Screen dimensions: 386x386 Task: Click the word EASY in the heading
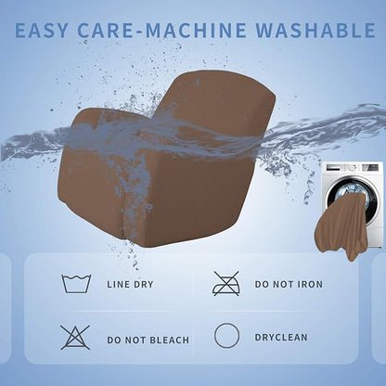click(x=41, y=30)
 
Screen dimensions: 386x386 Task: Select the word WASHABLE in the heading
click(x=315, y=30)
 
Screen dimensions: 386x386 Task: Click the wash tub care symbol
click(x=76, y=283)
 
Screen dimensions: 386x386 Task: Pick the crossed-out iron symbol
click(x=226, y=283)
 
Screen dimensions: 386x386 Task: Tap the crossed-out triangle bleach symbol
click(x=75, y=337)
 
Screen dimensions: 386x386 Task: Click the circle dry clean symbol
click(x=226, y=336)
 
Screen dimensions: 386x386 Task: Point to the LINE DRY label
click(x=130, y=284)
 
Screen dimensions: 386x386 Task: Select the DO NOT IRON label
click(x=289, y=284)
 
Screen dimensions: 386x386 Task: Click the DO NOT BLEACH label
click(x=148, y=340)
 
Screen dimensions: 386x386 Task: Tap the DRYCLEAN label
click(x=281, y=337)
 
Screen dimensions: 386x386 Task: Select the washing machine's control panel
click(x=353, y=168)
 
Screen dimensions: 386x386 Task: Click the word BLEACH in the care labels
click(x=169, y=340)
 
